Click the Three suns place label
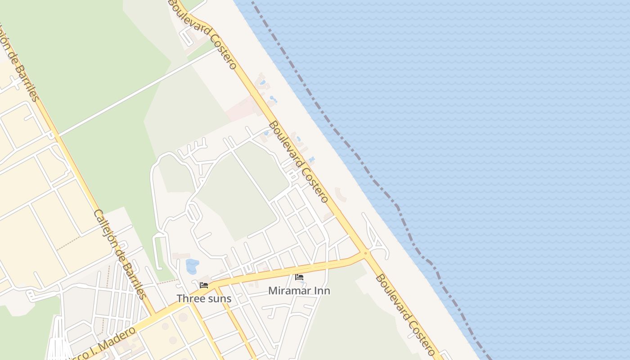[204, 298]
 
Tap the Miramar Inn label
[299, 291]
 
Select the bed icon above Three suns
[204, 285]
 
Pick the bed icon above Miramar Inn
[299, 277]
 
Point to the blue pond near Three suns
[192, 266]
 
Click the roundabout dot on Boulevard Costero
[365, 253]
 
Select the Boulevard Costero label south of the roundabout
[405, 315]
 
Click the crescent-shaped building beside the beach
[341, 194]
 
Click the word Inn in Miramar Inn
[322, 291]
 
